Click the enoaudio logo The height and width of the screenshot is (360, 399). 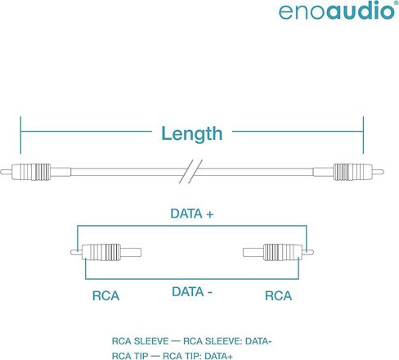tap(337, 11)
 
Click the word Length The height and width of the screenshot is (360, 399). tap(192, 133)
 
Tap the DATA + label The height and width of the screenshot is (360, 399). tap(192, 214)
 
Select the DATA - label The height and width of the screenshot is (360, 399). tap(192, 292)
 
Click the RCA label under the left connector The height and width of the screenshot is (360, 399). tap(105, 296)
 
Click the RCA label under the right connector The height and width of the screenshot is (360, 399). tap(278, 296)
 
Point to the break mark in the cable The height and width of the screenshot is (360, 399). tap(191, 171)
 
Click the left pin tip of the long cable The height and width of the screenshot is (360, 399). tap(2, 172)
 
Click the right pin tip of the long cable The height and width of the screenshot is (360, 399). tap(382, 172)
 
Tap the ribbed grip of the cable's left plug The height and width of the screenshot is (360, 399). tap(35, 172)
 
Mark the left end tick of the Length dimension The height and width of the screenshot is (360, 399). tap(20, 135)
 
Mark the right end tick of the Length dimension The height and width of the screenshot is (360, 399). tap(363, 135)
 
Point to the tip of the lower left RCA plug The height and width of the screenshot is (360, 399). tap(72, 253)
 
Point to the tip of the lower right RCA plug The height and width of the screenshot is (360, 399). tap(312, 253)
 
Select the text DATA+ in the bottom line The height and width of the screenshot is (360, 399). tap(218, 356)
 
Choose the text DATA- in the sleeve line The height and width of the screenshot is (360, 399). tap(258, 341)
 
